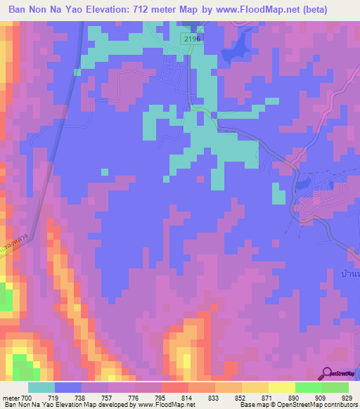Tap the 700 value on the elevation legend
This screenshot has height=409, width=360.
point(27,398)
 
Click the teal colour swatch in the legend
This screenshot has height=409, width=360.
point(41,387)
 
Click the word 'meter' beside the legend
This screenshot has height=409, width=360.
point(10,398)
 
